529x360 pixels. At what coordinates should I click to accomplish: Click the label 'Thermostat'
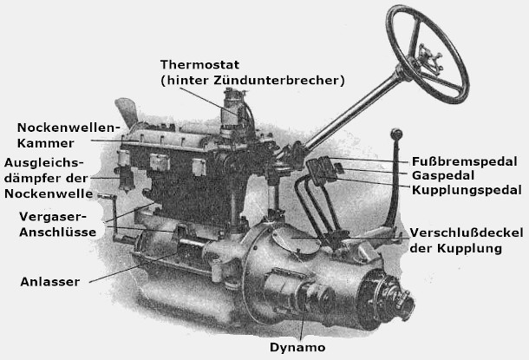tap(199, 66)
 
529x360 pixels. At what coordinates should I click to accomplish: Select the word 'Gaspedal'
tap(442, 174)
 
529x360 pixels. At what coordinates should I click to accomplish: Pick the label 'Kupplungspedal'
tap(467, 189)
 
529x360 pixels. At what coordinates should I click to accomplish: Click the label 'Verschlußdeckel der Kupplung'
tap(457, 240)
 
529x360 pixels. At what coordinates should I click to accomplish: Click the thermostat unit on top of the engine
tap(232, 113)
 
